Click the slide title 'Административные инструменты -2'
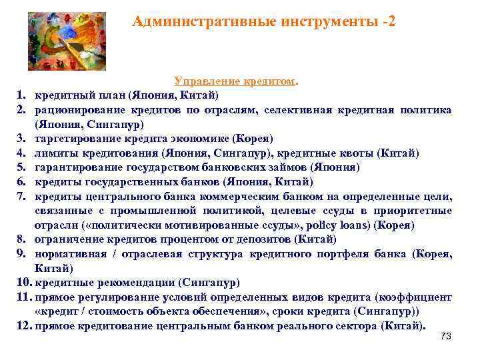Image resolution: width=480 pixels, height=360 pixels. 263,21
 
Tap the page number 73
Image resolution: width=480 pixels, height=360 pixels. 446,337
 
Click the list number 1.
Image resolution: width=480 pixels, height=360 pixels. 21,95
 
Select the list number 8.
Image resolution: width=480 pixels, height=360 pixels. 21,239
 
